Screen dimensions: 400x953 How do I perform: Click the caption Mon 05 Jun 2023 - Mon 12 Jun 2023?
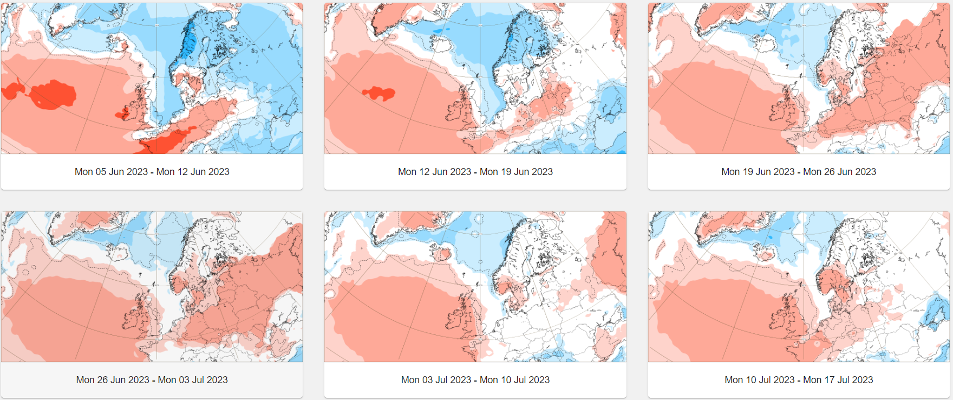tap(152, 172)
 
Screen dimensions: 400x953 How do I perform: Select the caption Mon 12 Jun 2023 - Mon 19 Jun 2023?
tap(475, 172)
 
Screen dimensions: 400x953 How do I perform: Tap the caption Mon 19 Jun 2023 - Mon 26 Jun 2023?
tap(798, 172)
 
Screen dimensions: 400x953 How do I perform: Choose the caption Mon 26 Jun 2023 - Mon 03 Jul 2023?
tap(152, 380)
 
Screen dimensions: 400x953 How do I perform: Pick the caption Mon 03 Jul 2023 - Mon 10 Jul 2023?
tap(475, 380)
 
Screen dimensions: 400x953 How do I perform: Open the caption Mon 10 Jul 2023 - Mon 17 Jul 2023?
tap(798, 380)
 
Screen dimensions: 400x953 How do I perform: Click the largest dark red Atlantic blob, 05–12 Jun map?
tap(53, 94)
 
